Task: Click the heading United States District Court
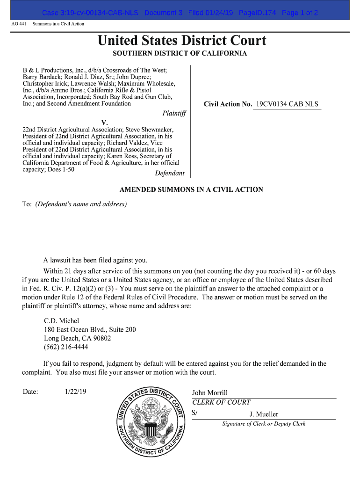tap(182, 41)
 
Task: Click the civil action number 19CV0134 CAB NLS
tap(287, 104)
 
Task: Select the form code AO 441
tap(19, 23)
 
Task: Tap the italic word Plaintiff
tap(174, 113)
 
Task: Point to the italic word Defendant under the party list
tap(169, 173)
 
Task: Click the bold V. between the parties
tap(105, 123)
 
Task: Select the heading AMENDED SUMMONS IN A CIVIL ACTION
tap(191, 190)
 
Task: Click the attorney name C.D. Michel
tap(61, 321)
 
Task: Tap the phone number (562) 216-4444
tap(66, 347)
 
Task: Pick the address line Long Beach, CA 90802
tap(77, 338)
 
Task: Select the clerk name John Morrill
tap(210, 393)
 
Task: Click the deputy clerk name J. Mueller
tap(264, 414)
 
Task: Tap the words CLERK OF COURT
tap(221, 402)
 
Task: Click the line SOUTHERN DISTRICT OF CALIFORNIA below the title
tap(180, 53)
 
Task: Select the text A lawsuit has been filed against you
tap(95, 260)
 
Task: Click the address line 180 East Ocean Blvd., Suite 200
tap(90, 330)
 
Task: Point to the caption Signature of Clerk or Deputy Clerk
tap(264, 424)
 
